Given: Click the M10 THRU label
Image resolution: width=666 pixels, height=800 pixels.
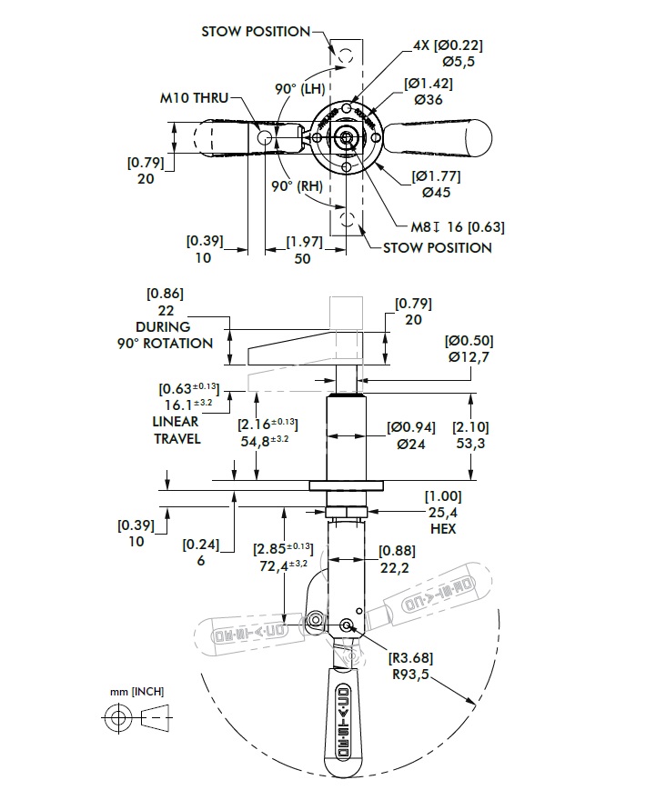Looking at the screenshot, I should coord(195,97).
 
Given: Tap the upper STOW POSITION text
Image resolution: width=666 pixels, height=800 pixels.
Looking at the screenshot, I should coord(256,31).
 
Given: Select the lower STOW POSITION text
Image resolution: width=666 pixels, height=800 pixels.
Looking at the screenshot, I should coord(437,247).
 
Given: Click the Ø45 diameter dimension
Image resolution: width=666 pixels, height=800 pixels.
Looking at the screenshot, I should coord(435,192).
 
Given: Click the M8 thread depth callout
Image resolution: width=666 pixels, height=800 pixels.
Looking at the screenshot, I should coord(457,226).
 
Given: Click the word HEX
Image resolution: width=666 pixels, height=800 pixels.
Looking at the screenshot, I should coord(442,528).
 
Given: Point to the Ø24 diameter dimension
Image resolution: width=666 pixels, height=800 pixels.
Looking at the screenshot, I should coord(410,445).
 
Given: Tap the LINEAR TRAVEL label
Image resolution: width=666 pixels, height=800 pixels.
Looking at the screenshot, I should coord(177,430).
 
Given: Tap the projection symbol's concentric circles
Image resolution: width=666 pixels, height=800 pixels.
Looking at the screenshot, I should coord(116,718).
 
